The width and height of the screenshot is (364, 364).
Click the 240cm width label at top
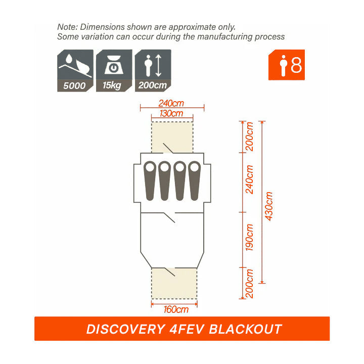(171, 103)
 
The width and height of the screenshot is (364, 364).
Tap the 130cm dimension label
(171, 113)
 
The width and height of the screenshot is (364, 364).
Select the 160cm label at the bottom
(176, 309)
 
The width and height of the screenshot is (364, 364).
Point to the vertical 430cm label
(269, 206)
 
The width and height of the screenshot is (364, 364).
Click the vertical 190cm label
(249, 237)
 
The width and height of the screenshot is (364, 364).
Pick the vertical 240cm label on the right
(249, 179)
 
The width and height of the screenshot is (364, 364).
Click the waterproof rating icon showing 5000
(75, 71)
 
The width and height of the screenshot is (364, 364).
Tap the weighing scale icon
(114, 65)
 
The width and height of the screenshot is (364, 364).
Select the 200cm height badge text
(153, 85)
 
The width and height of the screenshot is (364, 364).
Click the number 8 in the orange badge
(296, 65)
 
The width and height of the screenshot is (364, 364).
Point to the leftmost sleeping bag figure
(150, 180)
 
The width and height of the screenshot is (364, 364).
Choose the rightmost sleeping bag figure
(194, 180)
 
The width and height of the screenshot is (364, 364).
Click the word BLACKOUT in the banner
(245, 329)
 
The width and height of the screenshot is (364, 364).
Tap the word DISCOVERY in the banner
(125, 329)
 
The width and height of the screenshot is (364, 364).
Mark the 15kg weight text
(112, 85)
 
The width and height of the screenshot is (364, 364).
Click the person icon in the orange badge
(283, 65)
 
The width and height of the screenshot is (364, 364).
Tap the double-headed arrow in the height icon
(158, 65)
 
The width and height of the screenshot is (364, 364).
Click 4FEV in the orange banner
(187, 329)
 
